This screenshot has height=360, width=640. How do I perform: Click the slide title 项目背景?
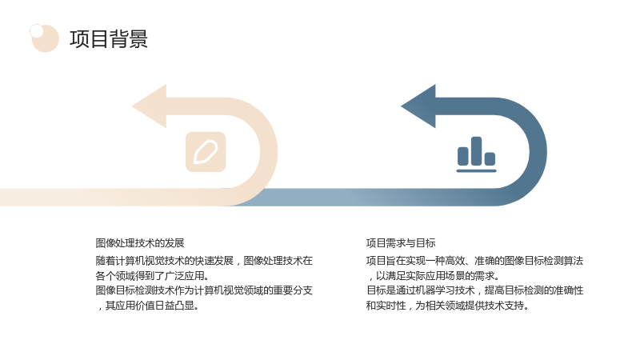coord(109,39)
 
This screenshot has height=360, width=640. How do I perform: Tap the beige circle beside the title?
coord(46,38)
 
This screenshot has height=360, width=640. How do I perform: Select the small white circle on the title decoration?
coord(36,31)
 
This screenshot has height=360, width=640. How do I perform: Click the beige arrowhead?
coord(150,106)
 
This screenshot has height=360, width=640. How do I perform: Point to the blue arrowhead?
coord(418,106)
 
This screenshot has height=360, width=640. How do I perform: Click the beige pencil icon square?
coord(206,152)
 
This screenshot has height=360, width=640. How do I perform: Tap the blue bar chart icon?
coord(476,154)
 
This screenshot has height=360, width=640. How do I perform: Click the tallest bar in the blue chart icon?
coord(476,151)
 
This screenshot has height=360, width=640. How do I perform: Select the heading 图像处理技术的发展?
coord(139,243)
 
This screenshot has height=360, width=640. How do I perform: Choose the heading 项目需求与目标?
coord(401,243)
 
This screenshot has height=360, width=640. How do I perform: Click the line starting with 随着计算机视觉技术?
coord(204,261)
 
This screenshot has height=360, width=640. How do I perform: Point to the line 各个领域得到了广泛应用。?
coord(152,275)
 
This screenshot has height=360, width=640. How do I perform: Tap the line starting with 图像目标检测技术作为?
coord(204,290)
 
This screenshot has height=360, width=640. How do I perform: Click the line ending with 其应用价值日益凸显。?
coord(147,306)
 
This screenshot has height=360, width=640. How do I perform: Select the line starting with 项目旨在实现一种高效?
coord(474,261)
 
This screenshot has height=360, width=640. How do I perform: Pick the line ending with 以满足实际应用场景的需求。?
coord(433,275)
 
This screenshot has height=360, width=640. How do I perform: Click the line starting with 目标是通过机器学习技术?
coord(474,290)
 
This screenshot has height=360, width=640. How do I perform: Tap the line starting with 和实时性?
coord(447,306)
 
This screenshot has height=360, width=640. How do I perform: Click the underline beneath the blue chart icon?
coord(476,170)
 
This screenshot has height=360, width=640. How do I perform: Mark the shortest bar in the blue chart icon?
coord(490,158)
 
